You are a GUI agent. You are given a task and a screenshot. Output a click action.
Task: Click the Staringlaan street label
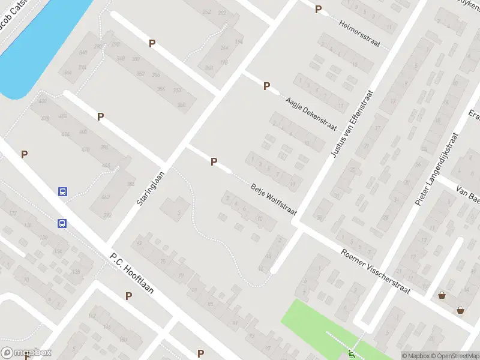pyautogui.click(x=150, y=187)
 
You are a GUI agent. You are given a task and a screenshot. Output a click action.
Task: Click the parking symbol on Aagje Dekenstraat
pyautogui.click(x=266, y=86)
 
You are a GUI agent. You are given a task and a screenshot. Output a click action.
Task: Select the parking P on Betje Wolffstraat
pyautogui.click(x=214, y=161)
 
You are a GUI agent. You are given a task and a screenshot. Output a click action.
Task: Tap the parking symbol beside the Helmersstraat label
pyautogui.click(x=318, y=9)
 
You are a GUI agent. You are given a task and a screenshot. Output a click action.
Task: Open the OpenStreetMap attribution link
pyautogui.click(x=455, y=356)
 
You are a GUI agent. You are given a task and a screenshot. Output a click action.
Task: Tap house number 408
pyautogui.click(x=42, y=101)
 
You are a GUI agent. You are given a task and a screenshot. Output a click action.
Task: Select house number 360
pyautogui.click(x=181, y=105)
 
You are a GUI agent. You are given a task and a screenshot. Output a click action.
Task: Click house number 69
pyautogui.click(x=139, y=243)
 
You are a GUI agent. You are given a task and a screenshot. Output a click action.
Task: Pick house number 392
pyautogui.click(x=108, y=215)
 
